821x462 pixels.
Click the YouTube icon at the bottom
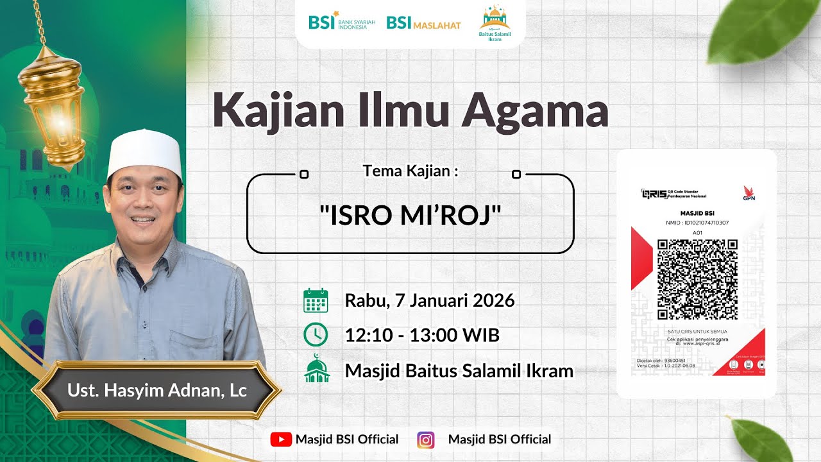(x=280, y=440)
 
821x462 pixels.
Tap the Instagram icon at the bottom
(x=425, y=440)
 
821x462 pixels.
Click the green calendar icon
(x=316, y=300)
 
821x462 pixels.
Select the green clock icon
(x=316, y=335)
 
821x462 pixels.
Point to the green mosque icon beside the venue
(x=317, y=369)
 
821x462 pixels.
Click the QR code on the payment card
(x=697, y=279)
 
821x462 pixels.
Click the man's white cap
(x=144, y=154)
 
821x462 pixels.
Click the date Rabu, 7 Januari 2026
(x=430, y=300)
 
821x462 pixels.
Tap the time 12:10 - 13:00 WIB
(x=422, y=335)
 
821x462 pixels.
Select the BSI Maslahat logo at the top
(x=423, y=24)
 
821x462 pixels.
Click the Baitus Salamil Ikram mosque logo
(x=495, y=24)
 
